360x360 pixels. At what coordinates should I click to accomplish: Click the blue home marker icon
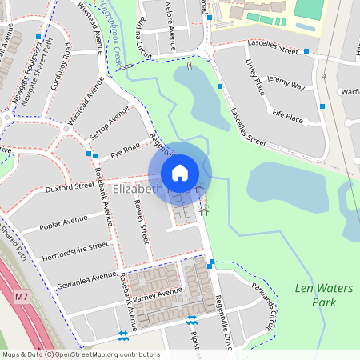[x=180, y=173]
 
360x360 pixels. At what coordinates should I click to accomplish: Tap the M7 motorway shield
[x=21, y=297]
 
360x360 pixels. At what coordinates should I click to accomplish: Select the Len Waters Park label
[x=313, y=294]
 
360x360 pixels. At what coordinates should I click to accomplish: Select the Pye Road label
[x=125, y=147]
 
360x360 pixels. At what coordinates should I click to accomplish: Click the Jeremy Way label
[x=286, y=84]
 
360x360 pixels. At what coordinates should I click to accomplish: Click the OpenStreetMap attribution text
[x=81, y=354]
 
